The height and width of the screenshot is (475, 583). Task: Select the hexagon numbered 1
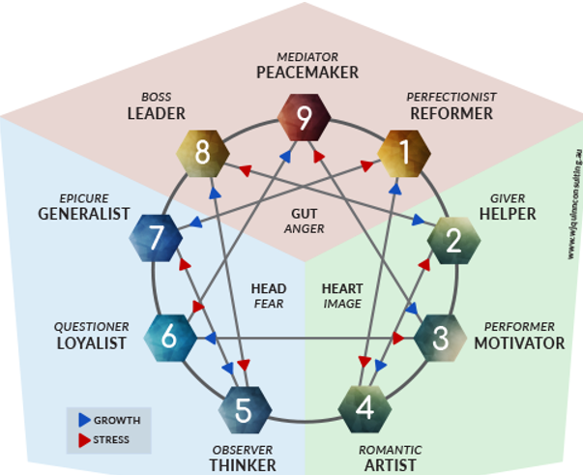coord(405,151)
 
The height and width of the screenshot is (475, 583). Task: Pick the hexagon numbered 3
coord(441,338)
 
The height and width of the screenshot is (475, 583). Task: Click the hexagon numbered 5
coord(244,410)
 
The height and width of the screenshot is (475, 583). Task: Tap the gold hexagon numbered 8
coord(202,151)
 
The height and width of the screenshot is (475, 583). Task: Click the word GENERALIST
coord(84,213)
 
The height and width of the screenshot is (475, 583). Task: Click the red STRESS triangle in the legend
coord(83,440)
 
